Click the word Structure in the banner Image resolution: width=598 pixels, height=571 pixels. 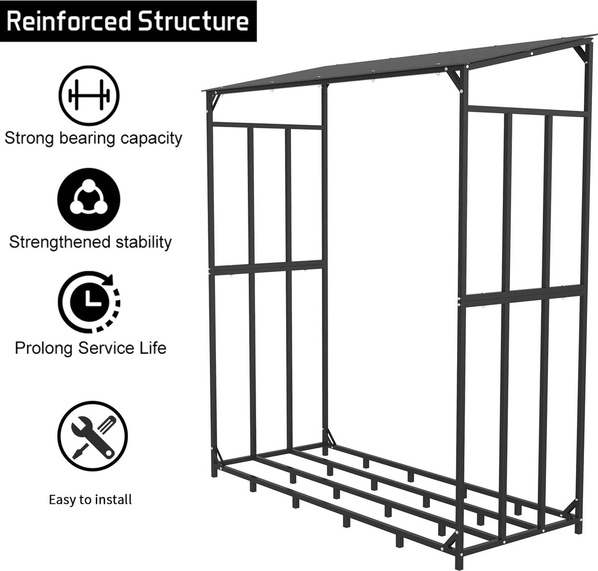pos(194,21)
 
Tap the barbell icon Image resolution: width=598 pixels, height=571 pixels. pos(89,96)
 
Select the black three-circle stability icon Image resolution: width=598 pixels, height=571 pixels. pos(89,199)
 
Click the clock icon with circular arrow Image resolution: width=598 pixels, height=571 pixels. pos(89,301)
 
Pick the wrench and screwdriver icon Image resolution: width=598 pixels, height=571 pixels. pos(93,436)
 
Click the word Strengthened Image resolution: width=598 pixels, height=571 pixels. pos(60,242)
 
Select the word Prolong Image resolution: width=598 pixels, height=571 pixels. pos(44,348)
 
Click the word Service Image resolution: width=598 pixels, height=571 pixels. pos(106,348)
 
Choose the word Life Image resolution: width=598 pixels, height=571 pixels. pos(152,348)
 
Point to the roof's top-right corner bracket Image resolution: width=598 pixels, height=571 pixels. pos(581,53)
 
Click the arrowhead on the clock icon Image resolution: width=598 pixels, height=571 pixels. pos(108,279)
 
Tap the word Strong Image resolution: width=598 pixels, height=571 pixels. pos(29,139)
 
